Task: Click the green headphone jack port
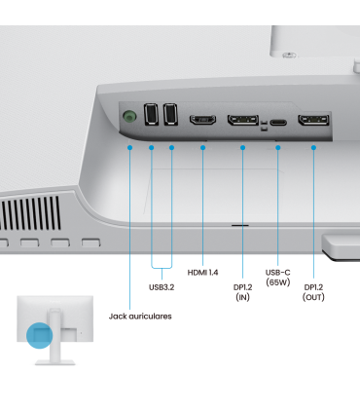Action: tap(129, 116)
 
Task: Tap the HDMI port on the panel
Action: tap(203, 120)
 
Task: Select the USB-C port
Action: tap(278, 123)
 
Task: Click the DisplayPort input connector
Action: tap(243, 120)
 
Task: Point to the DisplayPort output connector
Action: tap(313, 120)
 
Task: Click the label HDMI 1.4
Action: tap(202, 273)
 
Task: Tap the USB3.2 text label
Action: tap(162, 287)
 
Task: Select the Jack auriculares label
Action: tap(140, 317)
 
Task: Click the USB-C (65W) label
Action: tap(278, 278)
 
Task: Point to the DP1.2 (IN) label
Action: tap(242, 292)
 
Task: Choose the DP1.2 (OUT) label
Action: tap(313, 292)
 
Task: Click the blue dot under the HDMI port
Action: tap(203, 148)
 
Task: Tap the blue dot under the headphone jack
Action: tap(130, 148)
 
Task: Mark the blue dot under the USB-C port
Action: tap(278, 148)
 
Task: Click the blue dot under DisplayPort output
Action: tap(313, 148)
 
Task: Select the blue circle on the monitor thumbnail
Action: tap(40, 335)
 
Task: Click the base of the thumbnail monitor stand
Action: tap(55, 362)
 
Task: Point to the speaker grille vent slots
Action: tap(30, 213)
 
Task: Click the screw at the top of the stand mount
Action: tap(289, 56)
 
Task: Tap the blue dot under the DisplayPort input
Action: tap(243, 148)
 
